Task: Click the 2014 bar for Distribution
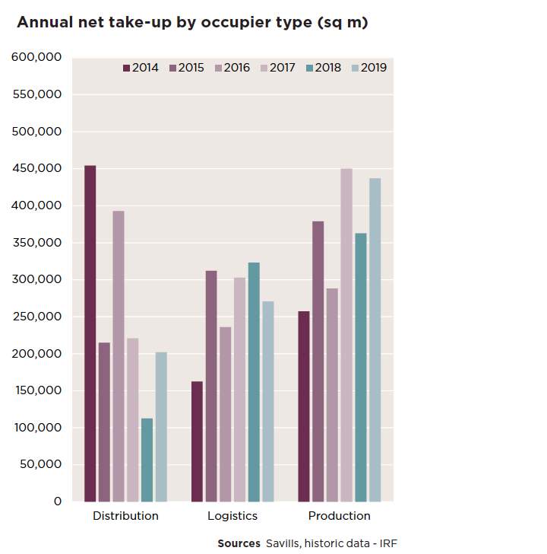click(x=90, y=333)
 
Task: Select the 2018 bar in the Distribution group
click(x=147, y=460)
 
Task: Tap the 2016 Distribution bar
click(x=119, y=356)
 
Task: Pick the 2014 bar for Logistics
click(x=197, y=441)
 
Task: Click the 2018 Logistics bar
click(x=254, y=382)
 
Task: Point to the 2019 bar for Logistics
click(x=268, y=401)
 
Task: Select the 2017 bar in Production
click(x=346, y=335)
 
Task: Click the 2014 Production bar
click(x=304, y=406)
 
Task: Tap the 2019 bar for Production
click(x=375, y=340)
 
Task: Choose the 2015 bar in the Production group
click(x=318, y=361)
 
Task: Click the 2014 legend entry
click(x=141, y=68)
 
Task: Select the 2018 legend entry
click(x=324, y=68)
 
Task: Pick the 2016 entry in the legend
click(x=232, y=68)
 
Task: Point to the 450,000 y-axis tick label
click(x=37, y=168)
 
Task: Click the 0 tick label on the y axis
click(x=58, y=501)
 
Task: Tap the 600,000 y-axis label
click(x=36, y=57)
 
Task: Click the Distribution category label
click(x=125, y=516)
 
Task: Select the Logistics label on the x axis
click(x=232, y=516)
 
